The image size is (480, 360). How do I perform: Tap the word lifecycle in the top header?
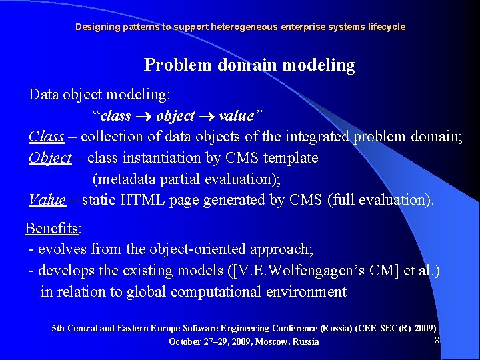[383, 27]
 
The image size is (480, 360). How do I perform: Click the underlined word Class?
[47, 137]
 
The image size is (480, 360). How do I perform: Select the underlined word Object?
[50, 158]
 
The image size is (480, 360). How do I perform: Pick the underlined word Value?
[47, 199]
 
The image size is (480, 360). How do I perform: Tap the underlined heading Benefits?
[52, 229]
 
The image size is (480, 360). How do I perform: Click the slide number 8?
[437, 340]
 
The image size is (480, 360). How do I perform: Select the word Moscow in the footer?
[270, 342]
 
